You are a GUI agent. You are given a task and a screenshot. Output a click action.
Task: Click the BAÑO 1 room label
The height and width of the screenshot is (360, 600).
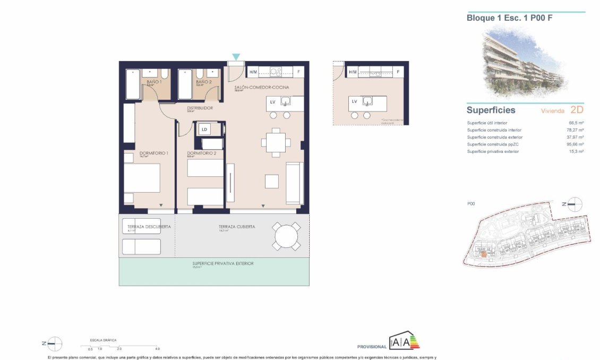pyautogui.click(x=154, y=82)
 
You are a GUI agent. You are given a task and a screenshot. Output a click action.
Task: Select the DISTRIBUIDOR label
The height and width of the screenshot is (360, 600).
pyautogui.click(x=200, y=108)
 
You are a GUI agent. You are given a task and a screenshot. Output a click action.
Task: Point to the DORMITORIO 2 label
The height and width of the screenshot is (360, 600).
pyautogui.click(x=202, y=153)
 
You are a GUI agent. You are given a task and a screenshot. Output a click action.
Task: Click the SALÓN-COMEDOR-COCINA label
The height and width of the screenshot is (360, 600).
pyautogui.click(x=262, y=87)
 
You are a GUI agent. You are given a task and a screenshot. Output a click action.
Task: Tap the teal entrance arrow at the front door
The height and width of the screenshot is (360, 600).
pyautogui.click(x=236, y=57)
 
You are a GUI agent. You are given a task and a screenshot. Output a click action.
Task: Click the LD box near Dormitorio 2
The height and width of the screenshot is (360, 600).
pyautogui.click(x=204, y=129)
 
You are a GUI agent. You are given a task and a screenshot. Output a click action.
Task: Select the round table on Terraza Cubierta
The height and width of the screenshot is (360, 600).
pyautogui.click(x=286, y=236)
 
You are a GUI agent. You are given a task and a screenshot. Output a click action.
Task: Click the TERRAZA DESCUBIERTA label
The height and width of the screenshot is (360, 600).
pyautogui.click(x=149, y=226)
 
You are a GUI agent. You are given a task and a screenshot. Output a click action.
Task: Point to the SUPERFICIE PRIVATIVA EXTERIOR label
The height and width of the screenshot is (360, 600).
pyautogui.click(x=222, y=263)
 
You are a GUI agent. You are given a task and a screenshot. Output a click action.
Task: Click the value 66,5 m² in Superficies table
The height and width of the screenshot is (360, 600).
pyautogui.click(x=576, y=123)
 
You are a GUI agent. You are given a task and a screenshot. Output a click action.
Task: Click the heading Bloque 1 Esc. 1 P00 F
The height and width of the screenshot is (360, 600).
pyautogui.click(x=505, y=18)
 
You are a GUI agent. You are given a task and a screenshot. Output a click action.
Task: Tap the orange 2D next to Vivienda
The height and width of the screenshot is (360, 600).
pyautogui.click(x=576, y=110)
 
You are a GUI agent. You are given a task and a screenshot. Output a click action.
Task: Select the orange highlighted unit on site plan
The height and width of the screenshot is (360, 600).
pyautogui.click(x=484, y=254)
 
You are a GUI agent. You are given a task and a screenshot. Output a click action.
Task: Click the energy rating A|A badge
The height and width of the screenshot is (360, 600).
pyautogui.click(x=403, y=342)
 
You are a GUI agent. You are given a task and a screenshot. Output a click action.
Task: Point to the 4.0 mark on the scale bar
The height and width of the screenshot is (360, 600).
pyautogui.click(x=157, y=349)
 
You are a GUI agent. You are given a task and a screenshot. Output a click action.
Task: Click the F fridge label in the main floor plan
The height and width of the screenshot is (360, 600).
pyautogui.click(x=299, y=72)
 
